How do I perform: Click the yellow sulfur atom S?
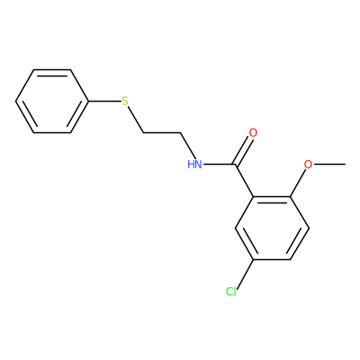[x=125, y=102]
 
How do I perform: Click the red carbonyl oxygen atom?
[x=253, y=133]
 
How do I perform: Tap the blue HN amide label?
[x=194, y=165]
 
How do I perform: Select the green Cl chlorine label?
[x=231, y=292]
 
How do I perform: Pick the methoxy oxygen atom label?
[x=308, y=165]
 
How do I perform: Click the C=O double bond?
[x=243, y=150]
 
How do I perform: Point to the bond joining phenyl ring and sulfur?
[x=104, y=102]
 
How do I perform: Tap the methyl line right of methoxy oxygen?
[x=329, y=165]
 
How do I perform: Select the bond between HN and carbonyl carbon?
[x=219, y=165]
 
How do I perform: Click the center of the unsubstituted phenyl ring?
[x=52, y=102]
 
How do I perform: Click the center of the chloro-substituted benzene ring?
[x=272, y=228]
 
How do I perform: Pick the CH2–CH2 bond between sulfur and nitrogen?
[x=162, y=132]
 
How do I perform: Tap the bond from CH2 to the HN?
[x=188, y=146]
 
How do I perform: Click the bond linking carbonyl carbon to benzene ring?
[x=245, y=180]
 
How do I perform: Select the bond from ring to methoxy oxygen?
[x=298, y=183]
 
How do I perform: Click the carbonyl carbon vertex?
[x=236, y=165]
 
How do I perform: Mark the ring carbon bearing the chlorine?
[x=254, y=259]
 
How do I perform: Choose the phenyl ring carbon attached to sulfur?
[x=89, y=102]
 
